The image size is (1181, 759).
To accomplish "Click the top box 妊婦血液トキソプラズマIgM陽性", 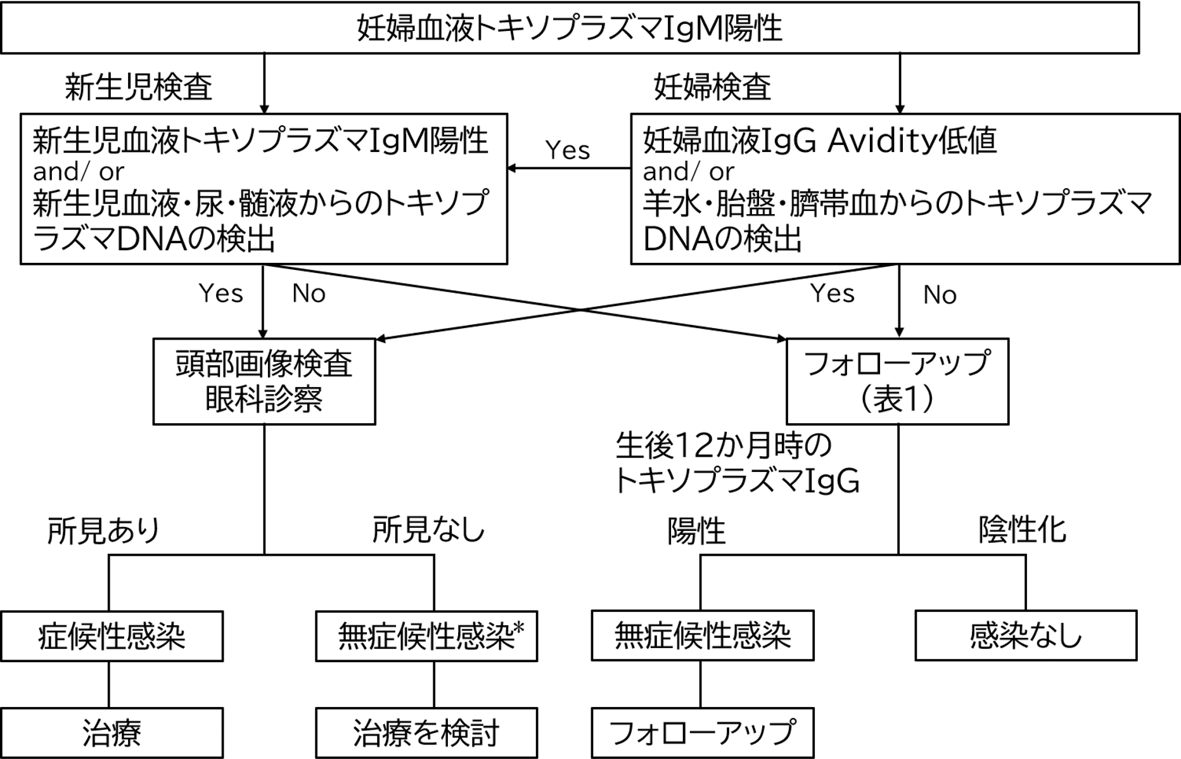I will [569, 28].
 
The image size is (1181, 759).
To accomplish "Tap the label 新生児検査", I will [138, 87].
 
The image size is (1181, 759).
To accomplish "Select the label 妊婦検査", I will [712, 87].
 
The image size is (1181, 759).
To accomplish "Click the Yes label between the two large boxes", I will [567, 150].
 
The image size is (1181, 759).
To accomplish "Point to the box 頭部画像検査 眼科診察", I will [264, 381].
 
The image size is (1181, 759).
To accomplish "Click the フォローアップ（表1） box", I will [897, 381].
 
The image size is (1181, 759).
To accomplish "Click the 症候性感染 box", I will [112, 636].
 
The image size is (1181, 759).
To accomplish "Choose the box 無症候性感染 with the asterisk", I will [426, 636].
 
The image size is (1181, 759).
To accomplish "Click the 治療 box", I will [112, 733].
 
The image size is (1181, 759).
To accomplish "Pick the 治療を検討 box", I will [426, 733].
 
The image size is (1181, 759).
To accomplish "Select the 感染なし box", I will [1025, 636].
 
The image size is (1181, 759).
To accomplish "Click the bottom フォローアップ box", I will [702, 733].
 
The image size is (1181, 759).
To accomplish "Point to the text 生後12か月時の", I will [723, 446].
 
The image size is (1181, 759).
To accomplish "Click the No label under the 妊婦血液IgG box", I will [940, 295].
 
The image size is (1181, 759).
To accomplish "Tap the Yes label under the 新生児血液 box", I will [220, 293].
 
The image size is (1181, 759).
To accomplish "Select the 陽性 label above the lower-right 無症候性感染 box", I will [696, 531].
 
